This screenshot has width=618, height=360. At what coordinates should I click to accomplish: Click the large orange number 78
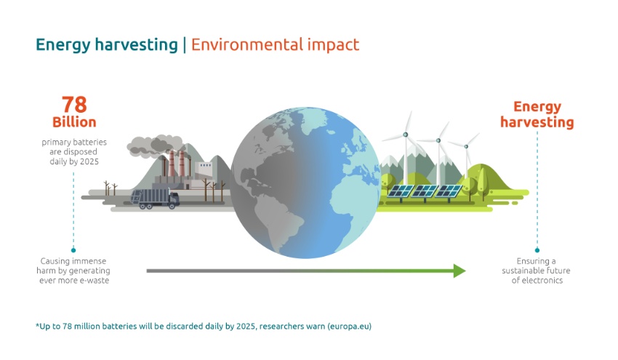[x=73, y=104]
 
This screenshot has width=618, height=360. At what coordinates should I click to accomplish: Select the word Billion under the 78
[x=74, y=121]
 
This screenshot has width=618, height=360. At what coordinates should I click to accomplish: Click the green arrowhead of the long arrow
[x=459, y=271]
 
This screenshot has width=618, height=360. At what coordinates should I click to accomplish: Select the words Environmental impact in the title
[x=275, y=44]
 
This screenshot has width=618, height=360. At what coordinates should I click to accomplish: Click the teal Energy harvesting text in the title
[x=107, y=44]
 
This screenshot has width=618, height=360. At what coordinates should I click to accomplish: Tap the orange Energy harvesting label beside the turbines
[x=537, y=114]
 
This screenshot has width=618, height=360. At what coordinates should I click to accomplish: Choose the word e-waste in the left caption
[x=93, y=280]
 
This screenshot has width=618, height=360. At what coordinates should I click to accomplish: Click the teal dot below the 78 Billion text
[x=73, y=249]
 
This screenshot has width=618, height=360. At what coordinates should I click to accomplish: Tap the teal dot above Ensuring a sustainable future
[x=537, y=249]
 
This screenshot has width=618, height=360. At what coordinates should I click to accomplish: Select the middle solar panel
[x=423, y=192]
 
